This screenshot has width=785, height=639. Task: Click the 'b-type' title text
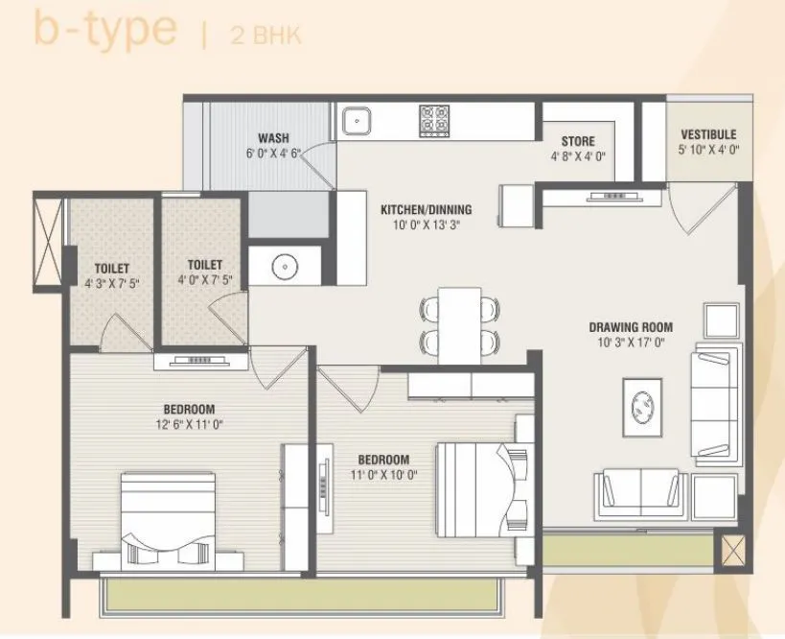point(105,29)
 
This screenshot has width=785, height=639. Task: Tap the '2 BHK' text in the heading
point(266,36)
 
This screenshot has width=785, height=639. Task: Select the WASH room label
point(273,138)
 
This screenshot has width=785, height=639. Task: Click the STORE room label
point(578,141)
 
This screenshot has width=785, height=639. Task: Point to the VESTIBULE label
point(708,134)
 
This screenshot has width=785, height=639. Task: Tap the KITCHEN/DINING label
point(426,209)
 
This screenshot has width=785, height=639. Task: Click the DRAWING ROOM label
point(631,327)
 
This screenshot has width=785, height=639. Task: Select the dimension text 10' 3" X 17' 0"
point(631,343)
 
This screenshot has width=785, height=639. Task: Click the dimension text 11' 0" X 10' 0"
point(383,474)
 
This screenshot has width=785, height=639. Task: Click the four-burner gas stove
point(433,120)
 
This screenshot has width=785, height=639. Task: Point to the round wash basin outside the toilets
point(280,265)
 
